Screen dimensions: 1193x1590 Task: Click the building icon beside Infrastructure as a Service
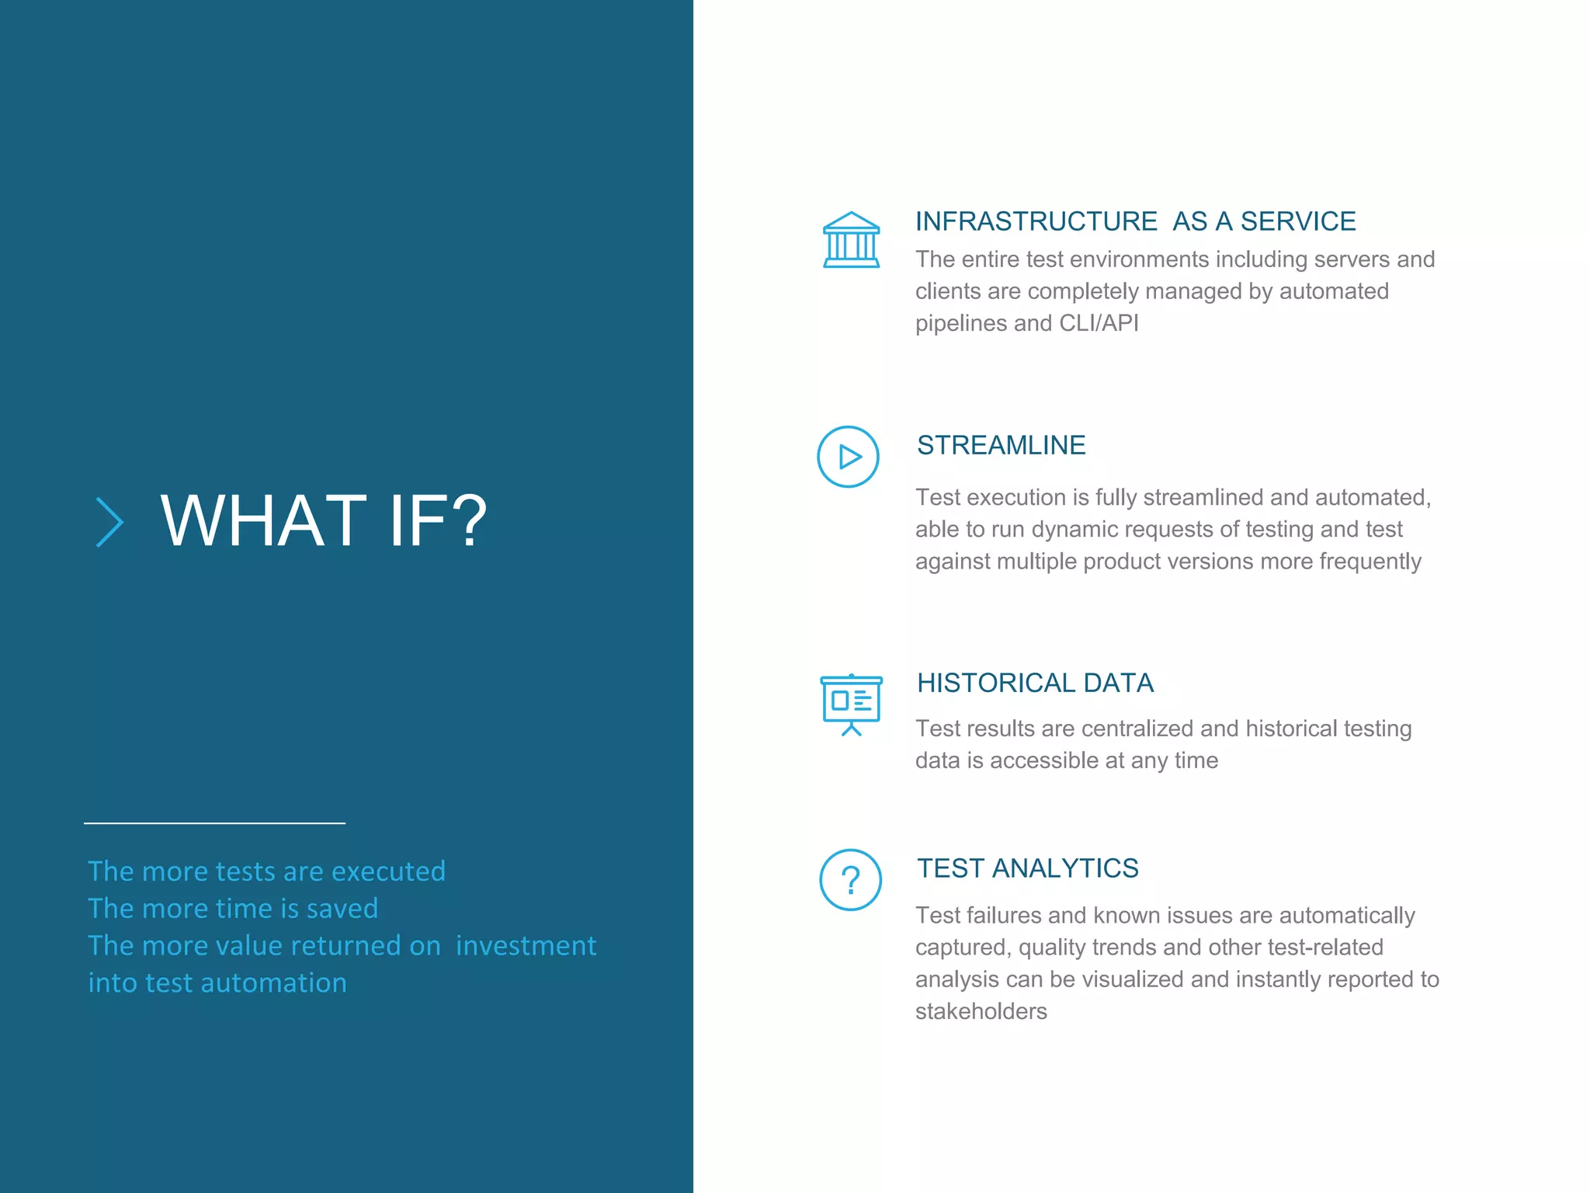click(x=851, y=240)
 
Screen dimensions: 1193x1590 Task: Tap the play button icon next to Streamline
click(x=848, y=457)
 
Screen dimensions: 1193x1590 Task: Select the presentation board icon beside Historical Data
click(x=851, y=704)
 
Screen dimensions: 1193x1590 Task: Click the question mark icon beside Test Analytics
click(x=851, y=880)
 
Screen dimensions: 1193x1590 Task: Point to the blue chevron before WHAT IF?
click(x=109, y=522)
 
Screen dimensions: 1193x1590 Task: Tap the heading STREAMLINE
click(x=1001, y=445)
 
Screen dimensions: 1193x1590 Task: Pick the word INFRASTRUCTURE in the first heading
click(x=1036, y=221)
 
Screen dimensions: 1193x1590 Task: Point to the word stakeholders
click(x=981, y=1011)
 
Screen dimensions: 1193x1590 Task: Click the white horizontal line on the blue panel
click(x=214, y=823)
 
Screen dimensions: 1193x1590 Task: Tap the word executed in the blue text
click(x=388, y=871)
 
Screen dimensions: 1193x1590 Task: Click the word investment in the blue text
click(x=526, y=946)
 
